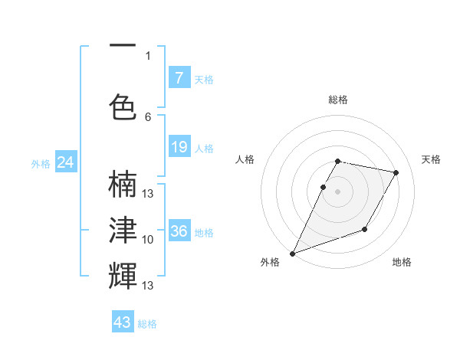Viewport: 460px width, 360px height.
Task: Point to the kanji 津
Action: pos(123,228)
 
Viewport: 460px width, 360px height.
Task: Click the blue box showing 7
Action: pos(179,78)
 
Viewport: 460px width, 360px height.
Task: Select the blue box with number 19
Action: pos(179,147)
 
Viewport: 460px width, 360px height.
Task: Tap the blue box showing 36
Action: pos(179,231)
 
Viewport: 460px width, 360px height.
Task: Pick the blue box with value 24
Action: pos(66,162)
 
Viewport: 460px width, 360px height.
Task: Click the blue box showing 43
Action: pos(123,322)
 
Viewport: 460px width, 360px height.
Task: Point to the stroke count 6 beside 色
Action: pos(148,116)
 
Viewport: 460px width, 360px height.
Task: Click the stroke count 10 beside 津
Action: pos(148,240)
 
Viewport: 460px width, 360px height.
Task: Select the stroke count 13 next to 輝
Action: pos(148,286)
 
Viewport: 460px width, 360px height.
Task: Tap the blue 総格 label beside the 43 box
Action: pos(147,324)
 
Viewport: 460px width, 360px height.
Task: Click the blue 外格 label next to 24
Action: pos(41,164)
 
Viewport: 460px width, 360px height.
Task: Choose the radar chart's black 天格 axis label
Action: pos(431,159)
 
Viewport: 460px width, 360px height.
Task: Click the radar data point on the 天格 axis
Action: pos(396,173)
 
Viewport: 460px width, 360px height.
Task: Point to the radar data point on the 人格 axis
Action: pos(324,187)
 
